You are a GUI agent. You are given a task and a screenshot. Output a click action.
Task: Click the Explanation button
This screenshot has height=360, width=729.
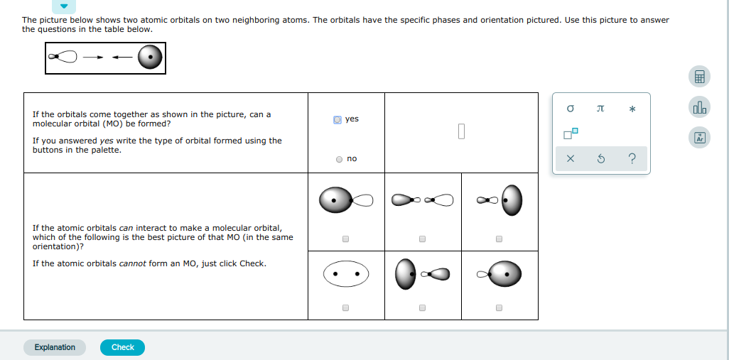pyautogui.click(x=55, y=347)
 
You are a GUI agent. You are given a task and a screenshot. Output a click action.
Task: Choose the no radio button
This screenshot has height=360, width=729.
pyautogui.click(x=339, y=159)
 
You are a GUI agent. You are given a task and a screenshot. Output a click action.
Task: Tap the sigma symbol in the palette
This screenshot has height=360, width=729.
pyautogui.click(x=570, y=109)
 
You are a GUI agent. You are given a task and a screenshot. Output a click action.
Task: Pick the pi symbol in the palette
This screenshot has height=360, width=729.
pyautogui.click(x=600, y=109)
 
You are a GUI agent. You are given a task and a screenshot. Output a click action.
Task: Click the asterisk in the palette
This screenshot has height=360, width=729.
pyautogui.click(x=632, y=109)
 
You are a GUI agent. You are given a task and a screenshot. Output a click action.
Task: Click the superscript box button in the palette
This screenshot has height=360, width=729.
pyautogui.click(x=571, y=133)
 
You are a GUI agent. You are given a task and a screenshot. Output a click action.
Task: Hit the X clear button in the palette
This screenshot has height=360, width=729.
pyautogui.click(x=570, y=159)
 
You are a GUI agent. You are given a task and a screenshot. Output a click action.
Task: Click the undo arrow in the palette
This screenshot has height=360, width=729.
pyautogui.click(x=600, y=159)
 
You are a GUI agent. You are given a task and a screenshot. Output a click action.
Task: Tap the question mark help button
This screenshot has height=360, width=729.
pyautogui.click(x=632, y=159)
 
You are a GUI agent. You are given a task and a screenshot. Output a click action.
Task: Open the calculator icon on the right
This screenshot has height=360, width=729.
pyautogui.click(x=699, y=77)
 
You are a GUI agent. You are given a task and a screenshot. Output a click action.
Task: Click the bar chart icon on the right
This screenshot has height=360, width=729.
pyautogui.click(x=699, y=107)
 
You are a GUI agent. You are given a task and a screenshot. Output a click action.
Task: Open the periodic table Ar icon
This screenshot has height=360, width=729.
pyautogui.click(x=699, y=138)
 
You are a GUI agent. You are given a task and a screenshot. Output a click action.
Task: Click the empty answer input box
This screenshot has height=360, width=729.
pyautogui.click(x=461, y=131)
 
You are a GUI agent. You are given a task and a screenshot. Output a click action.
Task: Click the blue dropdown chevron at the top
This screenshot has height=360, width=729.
pyautogui.click(x=64, y=6)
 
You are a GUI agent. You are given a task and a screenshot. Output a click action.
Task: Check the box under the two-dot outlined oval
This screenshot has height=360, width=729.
pyautogui.click(x=345, y=308)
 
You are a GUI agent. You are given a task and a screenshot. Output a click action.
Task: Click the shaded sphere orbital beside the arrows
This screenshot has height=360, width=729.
pyautogui.click(x=149, y=58)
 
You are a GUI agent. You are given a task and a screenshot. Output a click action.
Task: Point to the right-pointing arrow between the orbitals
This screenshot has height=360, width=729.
pyautogui.click(x=93, y=58)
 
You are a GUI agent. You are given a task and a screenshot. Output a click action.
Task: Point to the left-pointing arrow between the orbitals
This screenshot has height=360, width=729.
pyautogui.click(x=121, y=58)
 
